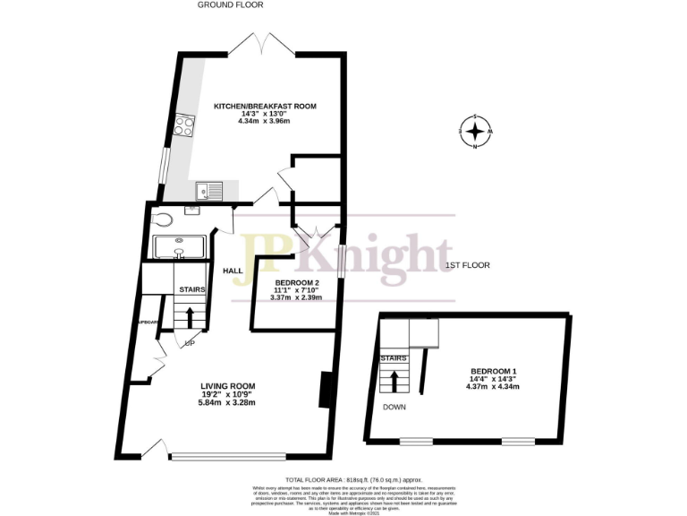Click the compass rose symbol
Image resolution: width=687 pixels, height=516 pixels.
[476, 133]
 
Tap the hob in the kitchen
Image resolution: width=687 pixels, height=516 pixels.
[185, 125]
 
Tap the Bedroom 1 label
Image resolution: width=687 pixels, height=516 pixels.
[495, 371]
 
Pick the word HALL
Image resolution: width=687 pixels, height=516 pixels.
[233, 271]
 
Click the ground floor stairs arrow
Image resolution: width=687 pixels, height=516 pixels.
[191, 317]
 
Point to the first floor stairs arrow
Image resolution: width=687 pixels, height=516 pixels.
[394, 382]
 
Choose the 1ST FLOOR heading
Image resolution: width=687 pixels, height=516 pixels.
[467, 265]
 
